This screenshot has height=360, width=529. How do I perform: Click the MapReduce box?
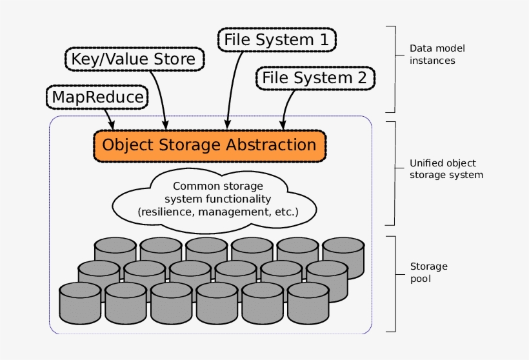coord(97,97)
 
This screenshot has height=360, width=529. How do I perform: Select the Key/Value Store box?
coord(135,59)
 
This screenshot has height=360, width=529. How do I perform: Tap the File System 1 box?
coord(277,40)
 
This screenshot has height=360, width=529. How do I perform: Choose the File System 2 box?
coord(314,78)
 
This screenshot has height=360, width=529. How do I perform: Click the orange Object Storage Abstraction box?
coord(210,145)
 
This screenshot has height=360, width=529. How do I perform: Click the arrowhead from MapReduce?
coord(112,124)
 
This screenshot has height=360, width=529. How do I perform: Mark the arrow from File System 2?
coord(287,106)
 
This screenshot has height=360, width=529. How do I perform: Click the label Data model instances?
coord(437,54)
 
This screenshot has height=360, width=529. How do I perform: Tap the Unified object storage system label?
coord(446,169)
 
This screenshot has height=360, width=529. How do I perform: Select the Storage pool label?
coord(428,272)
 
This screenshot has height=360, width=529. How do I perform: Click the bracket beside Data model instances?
coord(392,69)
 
